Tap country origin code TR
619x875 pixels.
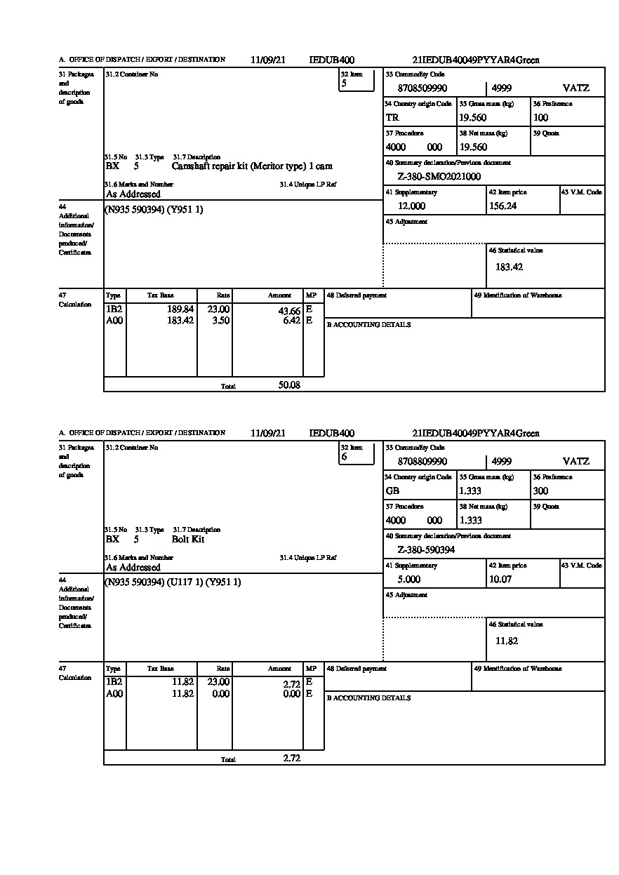392,118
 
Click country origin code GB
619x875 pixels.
392,491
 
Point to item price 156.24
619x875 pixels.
502,206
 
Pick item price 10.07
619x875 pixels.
500,580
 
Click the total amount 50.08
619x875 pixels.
289,385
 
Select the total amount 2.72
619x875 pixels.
291,758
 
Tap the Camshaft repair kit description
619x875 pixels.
252,166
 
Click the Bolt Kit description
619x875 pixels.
188,540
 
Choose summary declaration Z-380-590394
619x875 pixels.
426,550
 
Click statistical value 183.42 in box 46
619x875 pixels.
509,267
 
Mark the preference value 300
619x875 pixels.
540,491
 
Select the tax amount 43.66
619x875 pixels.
289,311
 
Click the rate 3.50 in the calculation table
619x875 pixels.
221,321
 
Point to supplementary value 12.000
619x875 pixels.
411,206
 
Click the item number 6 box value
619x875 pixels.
345,457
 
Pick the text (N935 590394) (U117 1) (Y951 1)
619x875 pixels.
173,582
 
